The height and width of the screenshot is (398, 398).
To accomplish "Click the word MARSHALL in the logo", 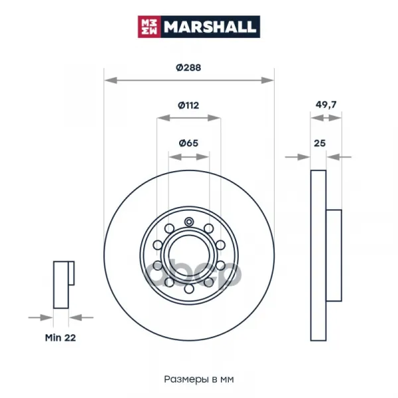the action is [x=210, y=27].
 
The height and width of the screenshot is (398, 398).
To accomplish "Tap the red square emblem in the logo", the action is [x=149, y=27].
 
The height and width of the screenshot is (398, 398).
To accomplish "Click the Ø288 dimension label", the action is [x=188, y=68].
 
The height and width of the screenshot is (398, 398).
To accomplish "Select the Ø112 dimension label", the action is [x=188, y=105].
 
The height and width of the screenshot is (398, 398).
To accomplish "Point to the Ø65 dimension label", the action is [x=188, y=143].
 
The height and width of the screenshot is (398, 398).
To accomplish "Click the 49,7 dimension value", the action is [x=326, y=105].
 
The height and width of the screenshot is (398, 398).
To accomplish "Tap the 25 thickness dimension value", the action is [x=320, y=143].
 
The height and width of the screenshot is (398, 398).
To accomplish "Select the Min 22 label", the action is [x=60, y=338].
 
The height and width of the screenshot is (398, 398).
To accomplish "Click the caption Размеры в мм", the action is [x=199, y=379].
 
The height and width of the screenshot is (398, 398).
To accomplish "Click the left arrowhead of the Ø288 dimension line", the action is [x=111, y=80].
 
